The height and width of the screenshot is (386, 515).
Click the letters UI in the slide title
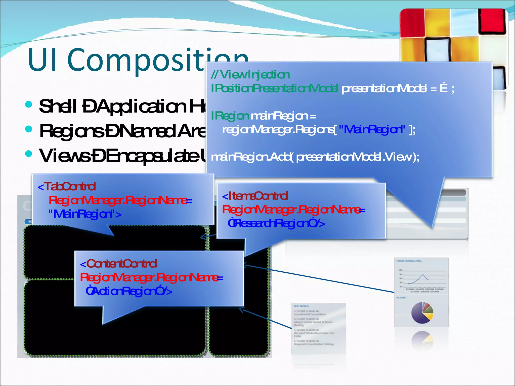click(43, 60)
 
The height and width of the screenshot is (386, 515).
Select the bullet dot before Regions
click(29, 129)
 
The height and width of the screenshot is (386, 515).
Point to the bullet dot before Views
click(29, 154)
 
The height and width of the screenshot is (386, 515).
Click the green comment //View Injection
click(250, 75)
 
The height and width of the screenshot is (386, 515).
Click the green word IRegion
click(230, 116)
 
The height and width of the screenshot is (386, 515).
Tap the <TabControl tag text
click(67, 187)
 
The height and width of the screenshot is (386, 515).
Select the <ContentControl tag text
click(118, 264)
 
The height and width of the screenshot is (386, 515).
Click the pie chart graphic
click(422, 313)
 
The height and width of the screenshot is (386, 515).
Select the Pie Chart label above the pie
click(401, 298)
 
